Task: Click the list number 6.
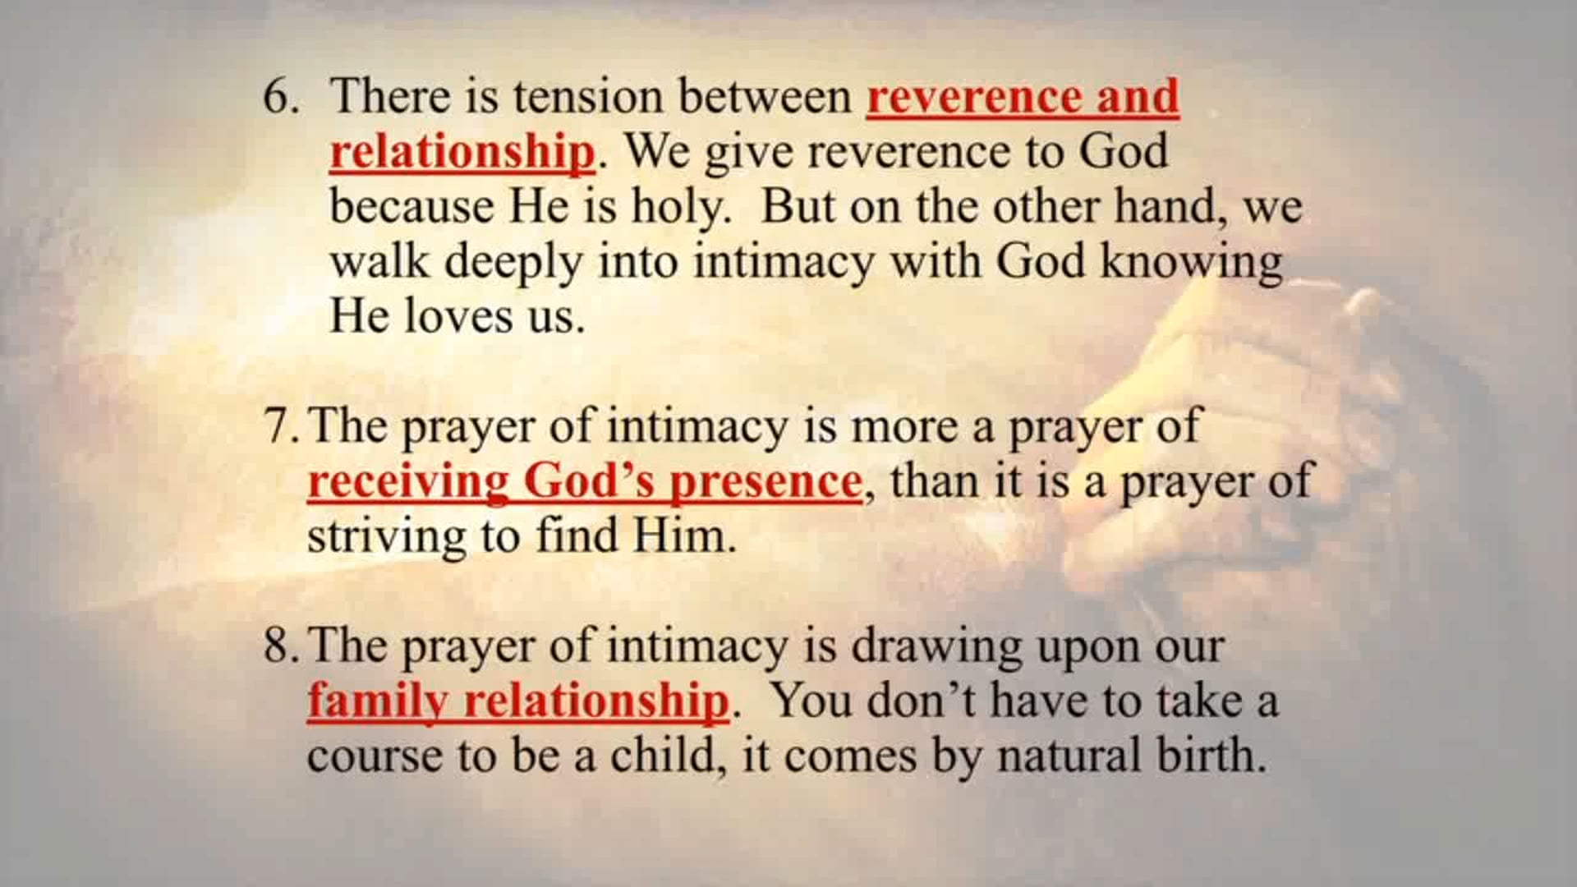(280, 97)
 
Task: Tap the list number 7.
(280, 427)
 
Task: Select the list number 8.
(280, 646)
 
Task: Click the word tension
(588, 97)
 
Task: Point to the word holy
(680, 207)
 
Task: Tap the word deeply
(515, 263)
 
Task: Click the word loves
(461, 316)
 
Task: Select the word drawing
(936, 646)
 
